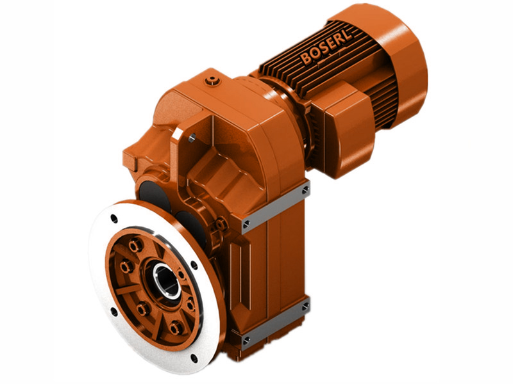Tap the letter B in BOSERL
coord(306,59)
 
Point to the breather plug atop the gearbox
coord(212,81)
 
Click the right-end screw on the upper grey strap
coord(305,190)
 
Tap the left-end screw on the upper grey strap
coord(247,223)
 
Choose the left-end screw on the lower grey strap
coord(247,340)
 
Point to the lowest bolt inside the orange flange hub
coord(174,329)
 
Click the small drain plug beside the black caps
coord(221,224)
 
